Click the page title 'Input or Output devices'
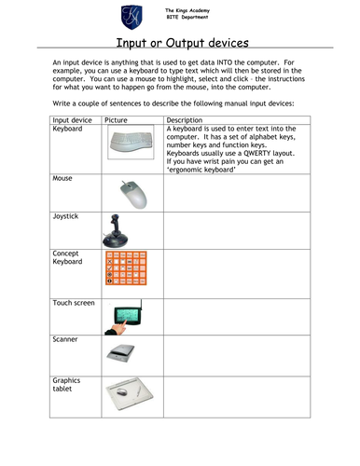179,42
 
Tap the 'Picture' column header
117,121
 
